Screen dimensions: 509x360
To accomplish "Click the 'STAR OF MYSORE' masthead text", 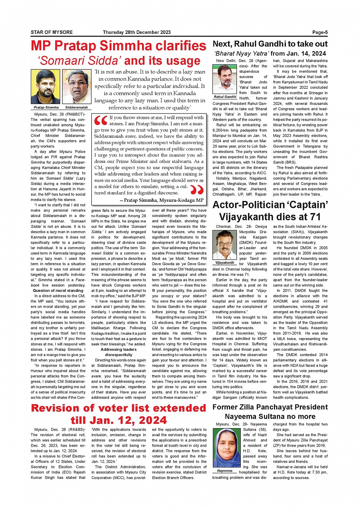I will coord(51,32).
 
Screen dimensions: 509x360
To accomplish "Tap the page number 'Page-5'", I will coord(320,32).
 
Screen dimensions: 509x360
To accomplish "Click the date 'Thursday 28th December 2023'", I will coord(137,32).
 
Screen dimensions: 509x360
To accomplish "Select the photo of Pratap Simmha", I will coord(45,87).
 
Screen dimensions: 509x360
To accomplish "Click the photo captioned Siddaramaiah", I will coord(77,87).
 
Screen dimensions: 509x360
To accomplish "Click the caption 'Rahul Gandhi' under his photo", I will coord(225,97).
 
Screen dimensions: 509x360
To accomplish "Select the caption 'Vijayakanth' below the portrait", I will coord(225,262).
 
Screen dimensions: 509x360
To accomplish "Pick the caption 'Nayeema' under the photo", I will coord(225,471).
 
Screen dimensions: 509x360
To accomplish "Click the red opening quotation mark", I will coord(101,121).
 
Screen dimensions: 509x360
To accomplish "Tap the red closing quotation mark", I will coord(197,189).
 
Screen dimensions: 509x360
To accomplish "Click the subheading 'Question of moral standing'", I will coord(58,290).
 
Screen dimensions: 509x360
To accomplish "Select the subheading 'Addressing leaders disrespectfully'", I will coord(118,352).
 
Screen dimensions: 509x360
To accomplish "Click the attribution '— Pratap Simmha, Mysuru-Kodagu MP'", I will coord(162,200).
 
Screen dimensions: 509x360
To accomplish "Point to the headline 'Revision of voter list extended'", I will coord(118,408).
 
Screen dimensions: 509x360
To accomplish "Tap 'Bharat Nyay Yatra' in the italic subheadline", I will coord(241,53).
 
